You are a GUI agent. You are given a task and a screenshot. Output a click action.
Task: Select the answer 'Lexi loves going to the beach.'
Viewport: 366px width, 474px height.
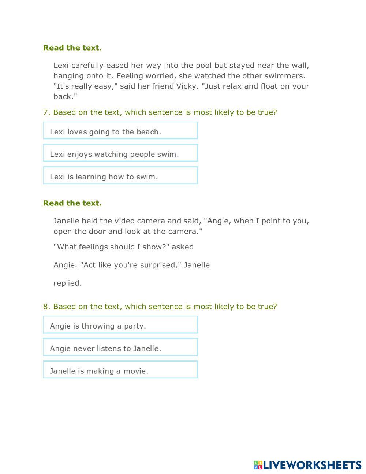tap(120, 131)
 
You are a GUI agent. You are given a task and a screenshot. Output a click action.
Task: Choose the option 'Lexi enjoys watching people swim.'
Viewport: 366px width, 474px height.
tap(120, 153)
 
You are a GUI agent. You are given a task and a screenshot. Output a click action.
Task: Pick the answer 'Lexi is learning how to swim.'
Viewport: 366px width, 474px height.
tap(120, 175)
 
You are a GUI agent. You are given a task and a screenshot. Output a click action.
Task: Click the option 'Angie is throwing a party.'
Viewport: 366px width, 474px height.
tap(120, 325)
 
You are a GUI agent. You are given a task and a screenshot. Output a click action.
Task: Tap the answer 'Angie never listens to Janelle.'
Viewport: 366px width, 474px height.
tap(120, 347)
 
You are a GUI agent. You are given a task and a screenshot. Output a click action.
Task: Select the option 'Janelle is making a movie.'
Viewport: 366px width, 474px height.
tap(120, 370)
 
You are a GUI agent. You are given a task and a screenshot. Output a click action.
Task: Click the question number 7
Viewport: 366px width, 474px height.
tap(46, 112)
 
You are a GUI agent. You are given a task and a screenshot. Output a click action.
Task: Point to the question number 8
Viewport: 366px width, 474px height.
tap(46, 307)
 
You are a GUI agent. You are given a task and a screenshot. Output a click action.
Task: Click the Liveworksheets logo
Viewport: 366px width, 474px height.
tap(307, 465)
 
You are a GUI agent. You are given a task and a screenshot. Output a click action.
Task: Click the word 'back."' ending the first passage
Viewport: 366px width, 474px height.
tap(65, 97)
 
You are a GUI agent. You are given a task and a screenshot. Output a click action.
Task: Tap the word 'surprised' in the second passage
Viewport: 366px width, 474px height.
tap(160, 265)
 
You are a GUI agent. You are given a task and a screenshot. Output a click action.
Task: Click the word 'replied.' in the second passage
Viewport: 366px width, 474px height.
tap(67, 283)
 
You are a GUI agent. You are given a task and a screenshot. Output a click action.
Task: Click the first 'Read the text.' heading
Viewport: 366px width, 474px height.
tap(72, 48)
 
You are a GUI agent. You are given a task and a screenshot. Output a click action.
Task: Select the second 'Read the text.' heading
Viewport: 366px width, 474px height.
tap(72, 203)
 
